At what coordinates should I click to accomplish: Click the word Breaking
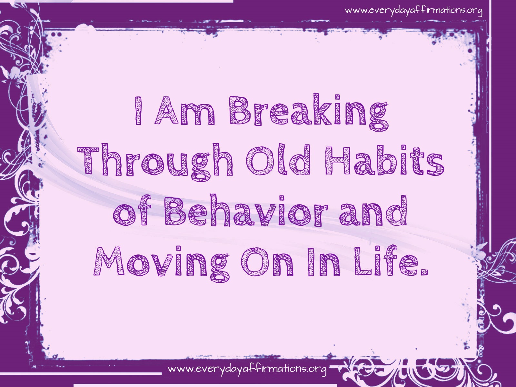coord(308,112)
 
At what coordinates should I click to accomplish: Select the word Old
coord(278,160)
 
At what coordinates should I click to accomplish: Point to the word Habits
coord(385,160)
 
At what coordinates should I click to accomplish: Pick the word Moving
coord(162,263)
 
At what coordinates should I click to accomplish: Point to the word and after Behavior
coord(373,210)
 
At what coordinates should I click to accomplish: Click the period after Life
coord(424,272)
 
